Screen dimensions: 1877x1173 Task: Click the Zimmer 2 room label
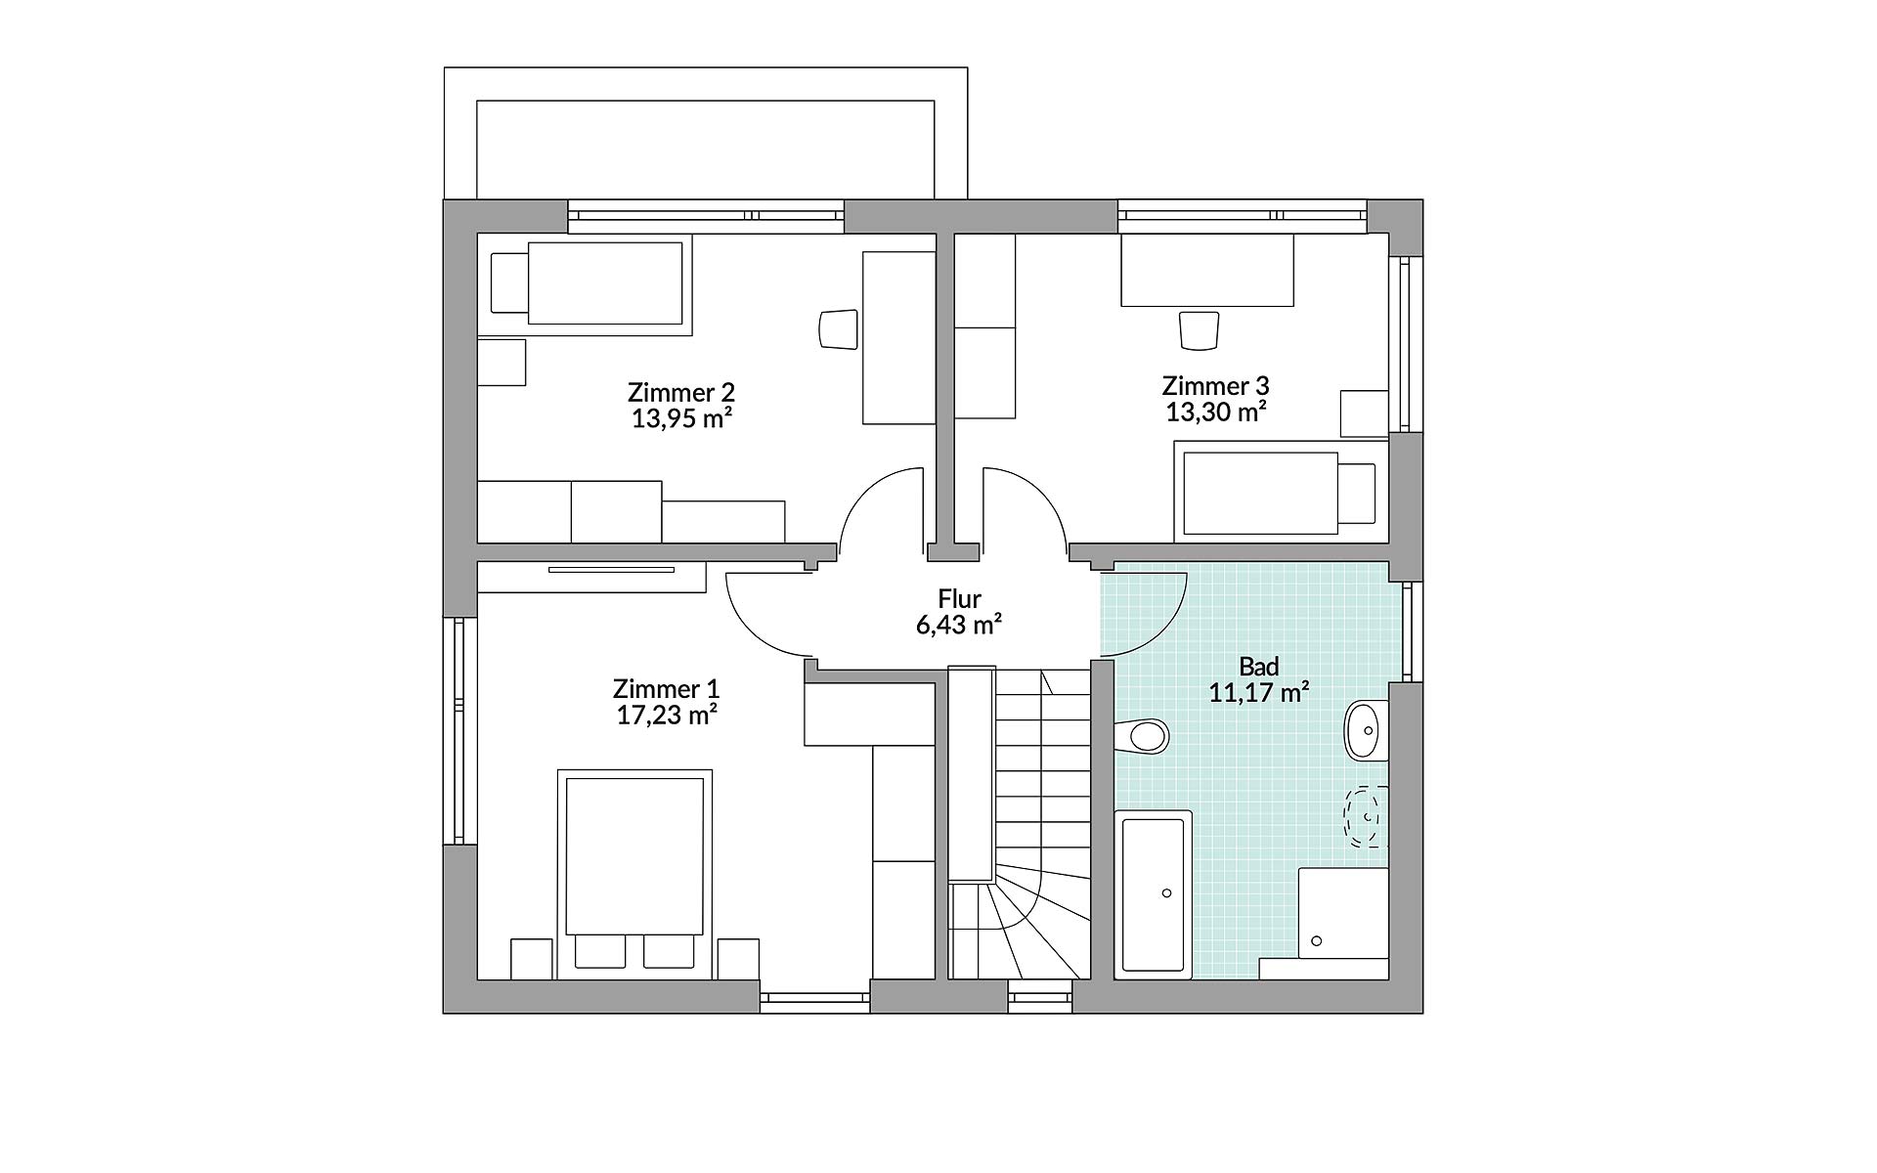[x=680, y=393]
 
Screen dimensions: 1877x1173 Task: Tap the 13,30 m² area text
[x=1216, y=412]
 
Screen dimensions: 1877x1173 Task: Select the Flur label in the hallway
[x=959, y=598]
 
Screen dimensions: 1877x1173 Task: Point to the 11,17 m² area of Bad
[x=1259, y=693]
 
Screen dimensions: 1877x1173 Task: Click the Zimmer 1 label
[x=666, y=688]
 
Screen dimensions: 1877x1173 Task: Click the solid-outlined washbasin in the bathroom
[x=1366, y=730]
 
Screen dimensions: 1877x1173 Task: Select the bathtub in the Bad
[x=1154, y=893]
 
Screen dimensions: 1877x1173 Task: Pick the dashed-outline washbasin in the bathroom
[x=1366, y=816]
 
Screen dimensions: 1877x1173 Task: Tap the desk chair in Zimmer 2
[x=838, y=328]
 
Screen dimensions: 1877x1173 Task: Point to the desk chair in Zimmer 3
[x=1200, y=330]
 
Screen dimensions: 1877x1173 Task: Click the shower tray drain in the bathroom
[x=1317, y=941]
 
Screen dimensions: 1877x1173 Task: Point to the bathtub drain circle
[x=1166, y=893]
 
